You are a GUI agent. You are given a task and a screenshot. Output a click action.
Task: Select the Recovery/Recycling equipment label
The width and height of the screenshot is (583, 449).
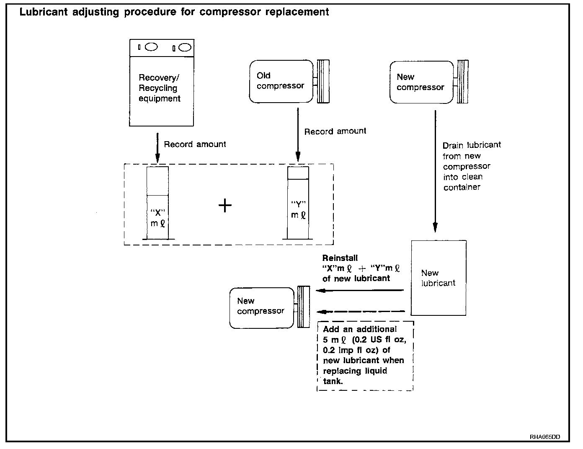point(159,88)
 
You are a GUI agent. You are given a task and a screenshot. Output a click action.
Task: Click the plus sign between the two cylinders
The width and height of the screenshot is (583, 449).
point(225,206)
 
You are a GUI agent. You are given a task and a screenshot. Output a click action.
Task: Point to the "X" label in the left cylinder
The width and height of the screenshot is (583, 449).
point(157,213)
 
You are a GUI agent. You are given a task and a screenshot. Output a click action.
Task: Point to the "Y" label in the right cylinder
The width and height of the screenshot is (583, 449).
point(298,204)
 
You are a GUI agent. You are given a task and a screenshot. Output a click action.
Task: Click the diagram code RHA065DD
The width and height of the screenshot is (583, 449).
point(544,437)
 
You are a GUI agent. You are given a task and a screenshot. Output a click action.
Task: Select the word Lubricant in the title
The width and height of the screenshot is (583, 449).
point(44,12)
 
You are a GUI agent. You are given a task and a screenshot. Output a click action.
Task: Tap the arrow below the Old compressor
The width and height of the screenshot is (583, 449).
point(298,134)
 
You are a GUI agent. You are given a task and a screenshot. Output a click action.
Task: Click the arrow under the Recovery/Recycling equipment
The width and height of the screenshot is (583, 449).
point(157,148)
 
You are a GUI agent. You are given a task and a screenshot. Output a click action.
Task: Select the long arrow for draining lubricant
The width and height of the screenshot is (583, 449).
point(435,171)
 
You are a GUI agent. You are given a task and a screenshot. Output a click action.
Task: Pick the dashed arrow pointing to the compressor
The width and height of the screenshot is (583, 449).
point(361,312)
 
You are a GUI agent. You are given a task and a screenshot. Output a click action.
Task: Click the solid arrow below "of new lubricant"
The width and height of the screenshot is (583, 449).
point(359,291)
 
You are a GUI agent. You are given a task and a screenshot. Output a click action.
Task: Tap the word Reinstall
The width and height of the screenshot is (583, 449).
point(340,258)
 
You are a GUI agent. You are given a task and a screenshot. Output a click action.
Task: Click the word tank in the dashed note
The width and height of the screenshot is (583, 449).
point(333,381)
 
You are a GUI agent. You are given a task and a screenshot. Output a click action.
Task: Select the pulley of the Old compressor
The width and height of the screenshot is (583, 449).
point(323,81)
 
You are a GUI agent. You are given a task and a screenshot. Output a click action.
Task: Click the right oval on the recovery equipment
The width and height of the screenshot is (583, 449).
point(185,47)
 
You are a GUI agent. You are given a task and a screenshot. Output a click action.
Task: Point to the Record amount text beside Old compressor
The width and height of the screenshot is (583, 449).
point(335,131)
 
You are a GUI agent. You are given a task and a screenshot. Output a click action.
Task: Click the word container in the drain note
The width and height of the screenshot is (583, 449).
point(462,187)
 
